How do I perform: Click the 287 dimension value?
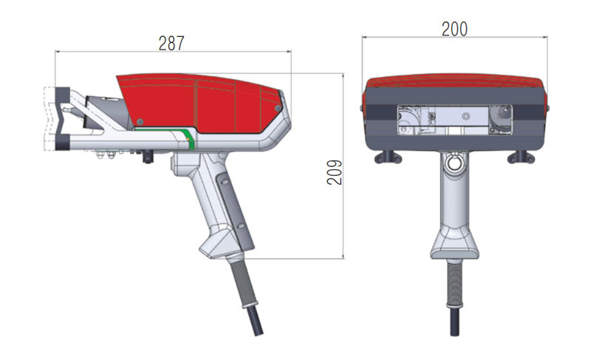coord(171,44)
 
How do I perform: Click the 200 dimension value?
coord(454,29)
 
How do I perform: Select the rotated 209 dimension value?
coord(335,172)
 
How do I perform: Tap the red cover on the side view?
coord(199,102)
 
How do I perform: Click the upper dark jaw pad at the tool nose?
coord(63,95)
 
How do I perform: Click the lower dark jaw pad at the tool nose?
coord(63,141)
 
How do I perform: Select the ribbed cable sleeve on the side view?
coord(243,282)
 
